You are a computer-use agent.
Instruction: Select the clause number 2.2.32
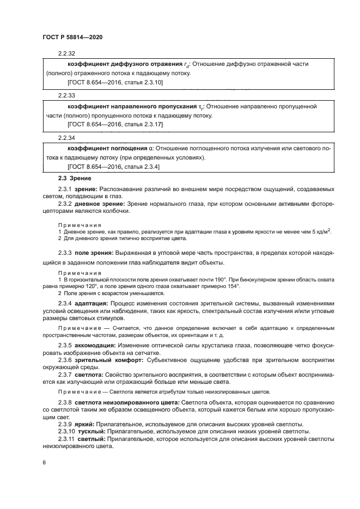pyautogui.click(x=66, y=53)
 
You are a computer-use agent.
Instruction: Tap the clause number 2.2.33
pyautogui.click(x=66, y=95)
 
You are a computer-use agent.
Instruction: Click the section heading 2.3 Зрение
pyautogui.click(x=75, y=178)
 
